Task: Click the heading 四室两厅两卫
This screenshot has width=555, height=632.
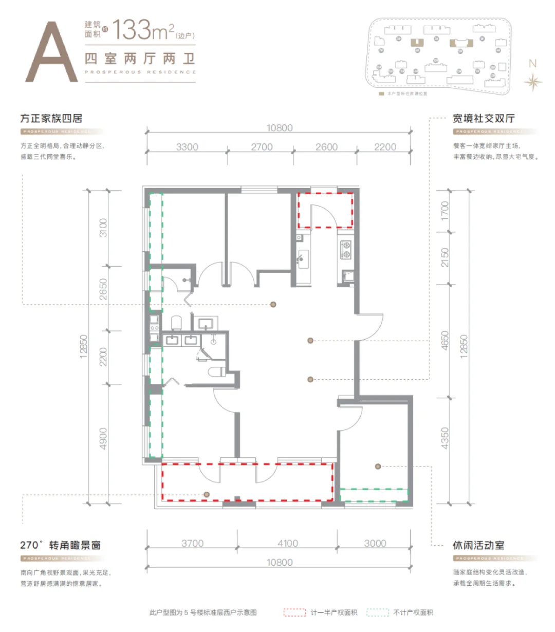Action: point(140,59)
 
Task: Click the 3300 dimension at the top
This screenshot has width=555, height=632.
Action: point(187,147)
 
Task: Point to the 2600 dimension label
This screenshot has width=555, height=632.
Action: point(326,147)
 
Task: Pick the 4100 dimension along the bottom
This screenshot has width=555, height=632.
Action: point(288,543)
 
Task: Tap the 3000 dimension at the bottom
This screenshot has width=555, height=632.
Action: point(375,543)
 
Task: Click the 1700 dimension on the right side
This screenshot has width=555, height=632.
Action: point(445,211)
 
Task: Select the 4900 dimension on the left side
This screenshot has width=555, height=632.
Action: point(103,438)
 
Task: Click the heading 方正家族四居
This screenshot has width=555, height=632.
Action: point(51,118)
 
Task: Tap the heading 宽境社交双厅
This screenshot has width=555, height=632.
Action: point(484,118)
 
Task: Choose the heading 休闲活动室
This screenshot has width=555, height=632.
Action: point(478,545)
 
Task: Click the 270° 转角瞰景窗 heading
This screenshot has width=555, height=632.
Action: point(61,545)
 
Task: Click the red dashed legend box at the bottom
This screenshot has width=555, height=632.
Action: point(294,612)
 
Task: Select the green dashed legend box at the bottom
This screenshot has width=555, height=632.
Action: point(378,612)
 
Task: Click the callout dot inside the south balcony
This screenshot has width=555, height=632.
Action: point(206,494)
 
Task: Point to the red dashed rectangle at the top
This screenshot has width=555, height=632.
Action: point(325,210)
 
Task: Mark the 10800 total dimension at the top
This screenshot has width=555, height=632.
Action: point(280,128)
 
